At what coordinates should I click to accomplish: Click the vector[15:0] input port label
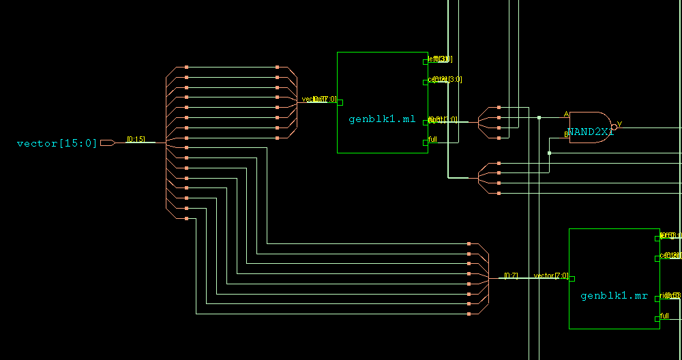57,143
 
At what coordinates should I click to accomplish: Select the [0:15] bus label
136,139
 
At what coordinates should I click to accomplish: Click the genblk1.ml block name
382,119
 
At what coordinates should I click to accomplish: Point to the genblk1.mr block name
614,296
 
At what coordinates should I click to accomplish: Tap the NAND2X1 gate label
591,132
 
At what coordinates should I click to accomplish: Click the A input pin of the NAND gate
566,115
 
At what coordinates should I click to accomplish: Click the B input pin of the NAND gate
566,134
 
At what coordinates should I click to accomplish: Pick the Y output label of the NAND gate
619,124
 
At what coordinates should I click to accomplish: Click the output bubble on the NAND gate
614,127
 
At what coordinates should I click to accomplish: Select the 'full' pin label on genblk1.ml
432,139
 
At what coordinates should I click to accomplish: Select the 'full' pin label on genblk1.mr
665,314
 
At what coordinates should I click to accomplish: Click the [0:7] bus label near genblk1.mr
511,275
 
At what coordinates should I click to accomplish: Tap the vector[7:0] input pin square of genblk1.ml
340,102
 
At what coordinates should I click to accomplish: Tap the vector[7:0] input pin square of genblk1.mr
572,278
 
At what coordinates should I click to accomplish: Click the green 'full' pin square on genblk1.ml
426,142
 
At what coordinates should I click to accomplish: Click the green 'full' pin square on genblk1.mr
657,318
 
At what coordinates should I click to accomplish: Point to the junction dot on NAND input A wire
539,117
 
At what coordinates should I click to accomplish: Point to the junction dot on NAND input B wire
549,153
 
